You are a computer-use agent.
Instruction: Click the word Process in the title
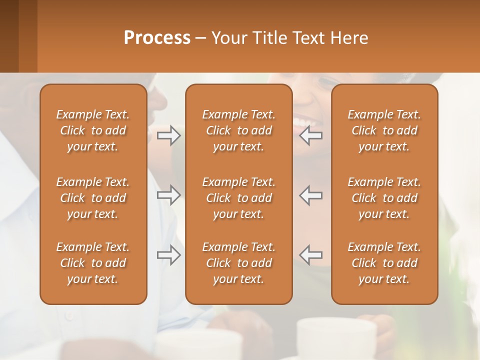click(x=157, y=38)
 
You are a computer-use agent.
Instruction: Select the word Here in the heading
click(x=349, y=38)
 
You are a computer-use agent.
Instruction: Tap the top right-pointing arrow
click(x=169, y=135)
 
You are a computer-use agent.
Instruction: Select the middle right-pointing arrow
click(x=169, y=195)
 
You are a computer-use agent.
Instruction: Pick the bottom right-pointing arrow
click(x=169, y=255)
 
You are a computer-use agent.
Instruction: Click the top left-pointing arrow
click(x=311, y=135)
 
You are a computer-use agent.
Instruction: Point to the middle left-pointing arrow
click(x=311, y=195)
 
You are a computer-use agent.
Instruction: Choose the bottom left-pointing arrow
click(x=311, y=255)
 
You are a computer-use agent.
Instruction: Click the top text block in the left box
click(x=93, y=130)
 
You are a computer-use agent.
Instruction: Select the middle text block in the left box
click(x=93, y=198)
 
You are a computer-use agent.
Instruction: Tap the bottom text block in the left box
click(x=93, y=263)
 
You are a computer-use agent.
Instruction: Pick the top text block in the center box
click(x=238, y=130)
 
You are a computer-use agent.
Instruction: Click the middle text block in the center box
click(x=238, y=198)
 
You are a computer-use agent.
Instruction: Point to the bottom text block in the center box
click(x=238, y=263)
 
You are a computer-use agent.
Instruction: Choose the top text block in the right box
click(x=384, y=130)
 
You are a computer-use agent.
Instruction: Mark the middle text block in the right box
click(x=384, y=198)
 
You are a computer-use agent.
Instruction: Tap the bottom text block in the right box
click(x=384, y=263)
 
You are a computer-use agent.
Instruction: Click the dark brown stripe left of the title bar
click(x=9, y=36)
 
